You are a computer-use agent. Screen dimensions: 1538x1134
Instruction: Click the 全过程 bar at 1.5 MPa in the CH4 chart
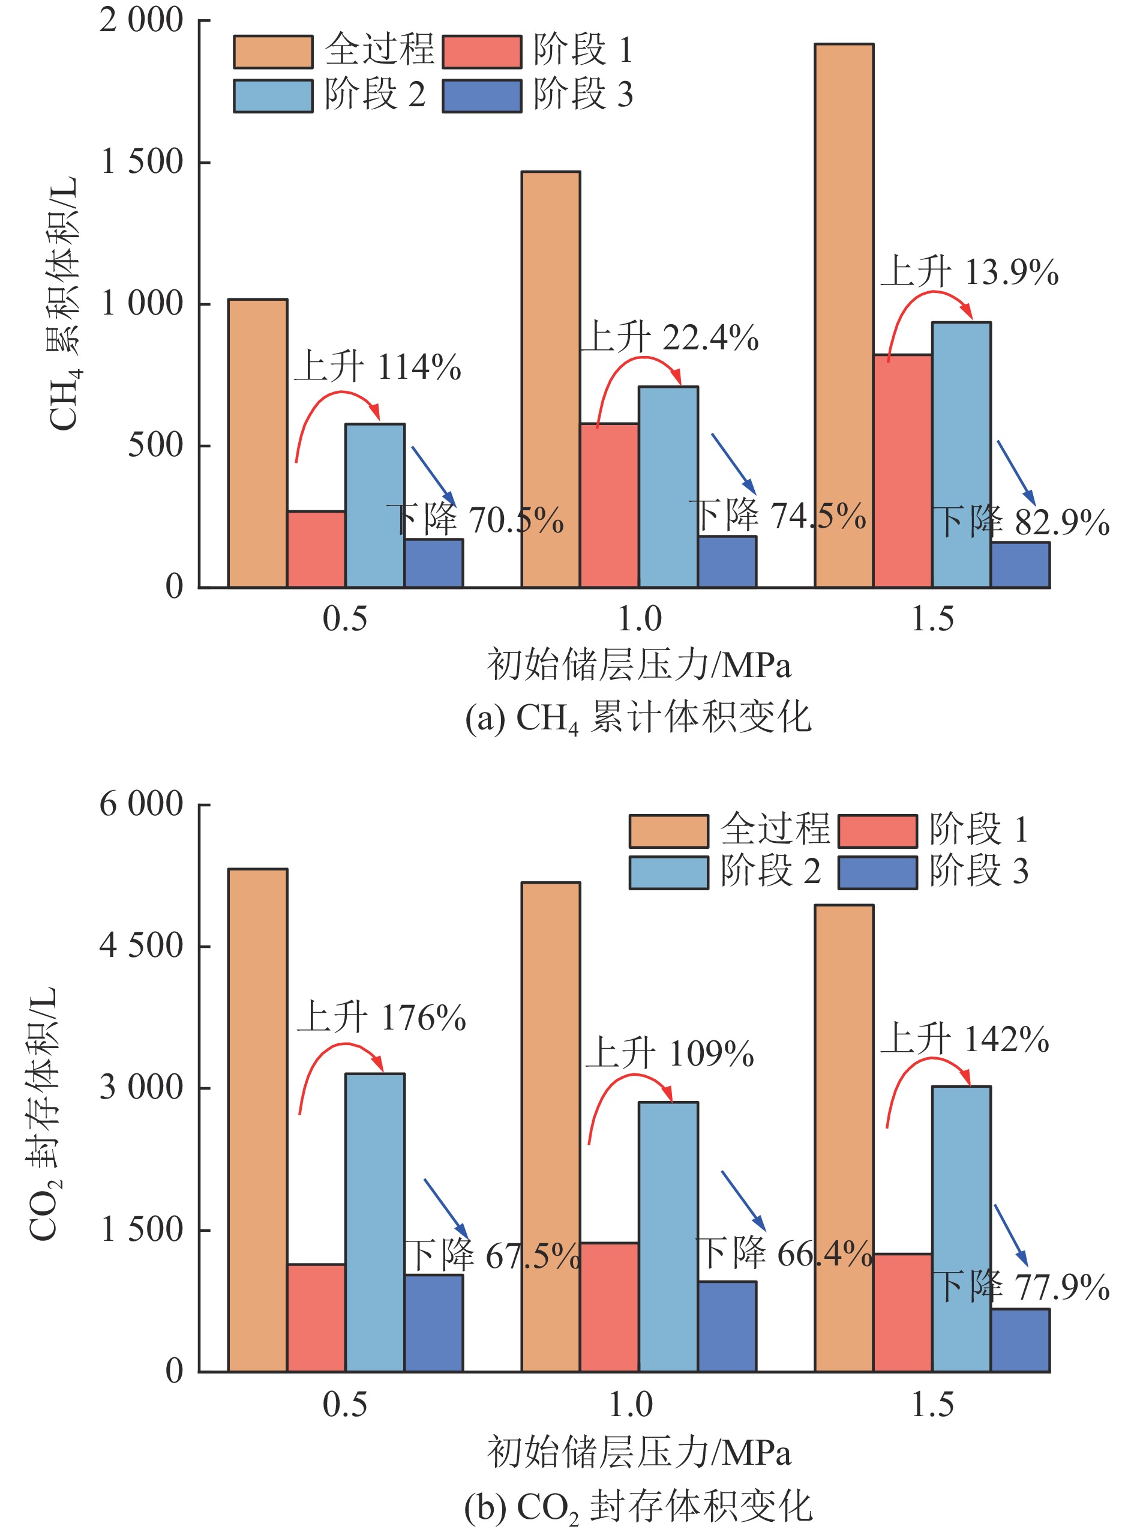pos(844,316)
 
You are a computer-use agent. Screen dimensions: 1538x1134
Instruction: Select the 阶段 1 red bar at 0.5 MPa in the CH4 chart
pos(316,549)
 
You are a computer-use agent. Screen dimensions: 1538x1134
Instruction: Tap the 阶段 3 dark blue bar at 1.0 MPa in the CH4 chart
pos(727,562)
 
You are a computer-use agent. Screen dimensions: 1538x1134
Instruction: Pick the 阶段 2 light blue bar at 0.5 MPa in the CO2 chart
pos(375,1222)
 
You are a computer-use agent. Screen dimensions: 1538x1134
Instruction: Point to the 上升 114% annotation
pos(378,367)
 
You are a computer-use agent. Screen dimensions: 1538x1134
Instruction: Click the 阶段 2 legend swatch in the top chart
pos(273,96)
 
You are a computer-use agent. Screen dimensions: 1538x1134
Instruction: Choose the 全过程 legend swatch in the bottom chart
pos(668,831)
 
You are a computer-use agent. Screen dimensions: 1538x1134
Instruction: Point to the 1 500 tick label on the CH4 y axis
pos(143,163)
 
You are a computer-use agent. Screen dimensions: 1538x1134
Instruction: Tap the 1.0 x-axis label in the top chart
pos(639,620)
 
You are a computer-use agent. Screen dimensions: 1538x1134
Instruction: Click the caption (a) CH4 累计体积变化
pos(638,718)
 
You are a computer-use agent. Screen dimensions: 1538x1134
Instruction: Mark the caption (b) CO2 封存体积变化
pos(638,1508)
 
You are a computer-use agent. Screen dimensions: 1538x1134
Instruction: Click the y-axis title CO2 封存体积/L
pos(44,1112)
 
